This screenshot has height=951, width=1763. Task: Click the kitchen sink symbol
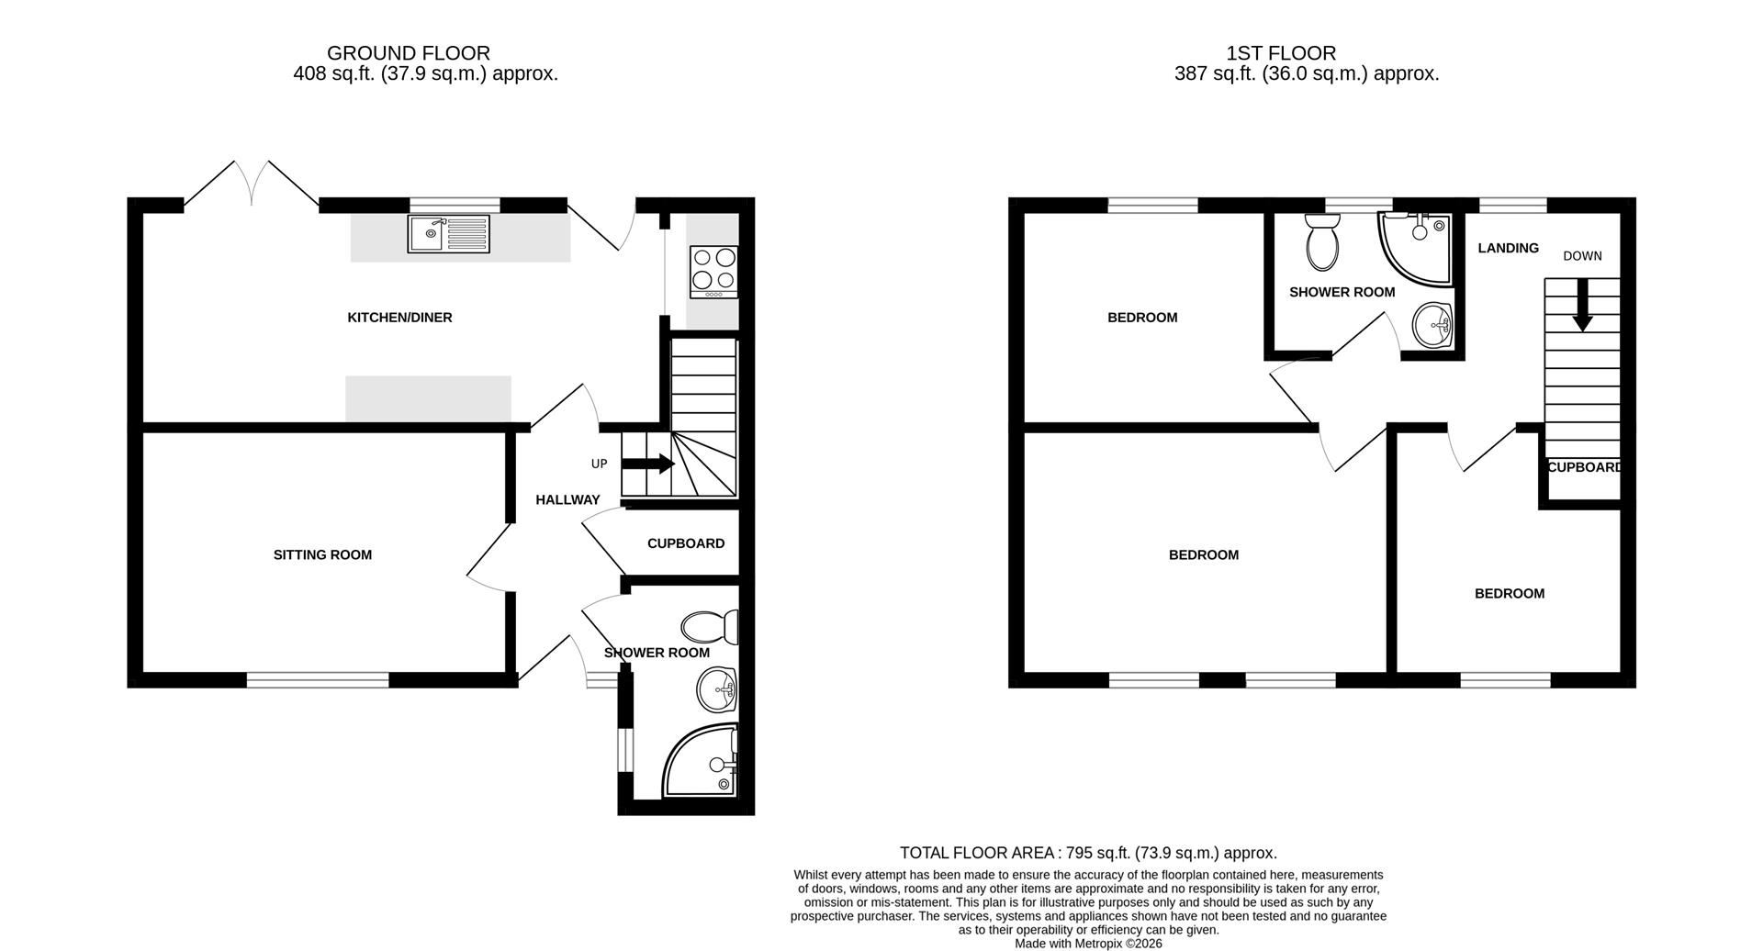[x=448, y=234]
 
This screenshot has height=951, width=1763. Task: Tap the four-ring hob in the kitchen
[x=713, y=272]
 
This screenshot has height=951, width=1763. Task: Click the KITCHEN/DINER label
[x=399, y=318]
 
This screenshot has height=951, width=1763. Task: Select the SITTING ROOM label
[x=322, y=554]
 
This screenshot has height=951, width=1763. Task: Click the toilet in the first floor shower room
[x=1322, y=242]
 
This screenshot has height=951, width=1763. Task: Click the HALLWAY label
[x=567, y=500]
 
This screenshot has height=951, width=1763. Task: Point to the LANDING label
[x=1508, y=248]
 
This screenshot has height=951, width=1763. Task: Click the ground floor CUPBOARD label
[x=685, y=543]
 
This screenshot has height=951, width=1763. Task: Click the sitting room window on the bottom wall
[x=318, y=680]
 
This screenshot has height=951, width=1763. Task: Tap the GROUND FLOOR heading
[x=408, y=53]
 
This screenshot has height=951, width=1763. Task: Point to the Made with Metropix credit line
[x=1088, y=943]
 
